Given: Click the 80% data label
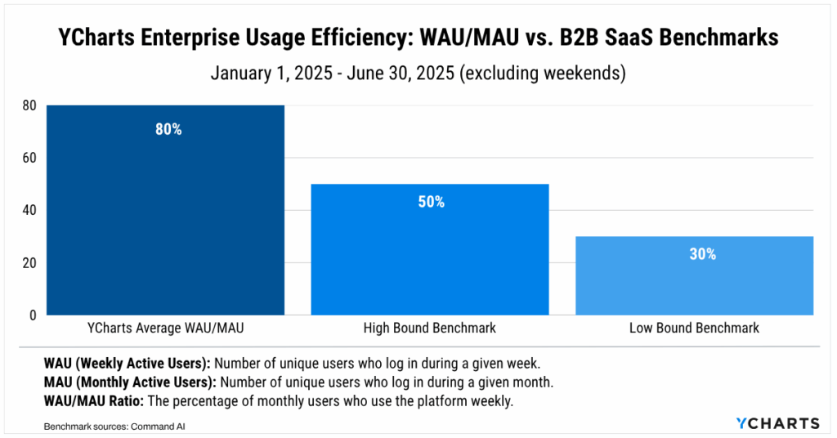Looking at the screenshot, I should [168, 129].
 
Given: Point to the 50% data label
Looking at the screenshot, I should [431, 202].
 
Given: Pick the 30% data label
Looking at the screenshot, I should [702, 254].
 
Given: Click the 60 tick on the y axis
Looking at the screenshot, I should [31, 158].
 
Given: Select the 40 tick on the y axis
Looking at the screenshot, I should [31, 210].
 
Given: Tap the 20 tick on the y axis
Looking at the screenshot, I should [31, 263].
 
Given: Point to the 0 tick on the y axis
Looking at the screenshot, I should [34, 315].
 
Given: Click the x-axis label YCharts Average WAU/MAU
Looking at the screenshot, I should [167, 328].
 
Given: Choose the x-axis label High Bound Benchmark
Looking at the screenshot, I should [430, 328].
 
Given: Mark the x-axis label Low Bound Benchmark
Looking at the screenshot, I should [694, 328].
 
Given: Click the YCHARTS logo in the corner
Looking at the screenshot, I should [777, 422].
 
